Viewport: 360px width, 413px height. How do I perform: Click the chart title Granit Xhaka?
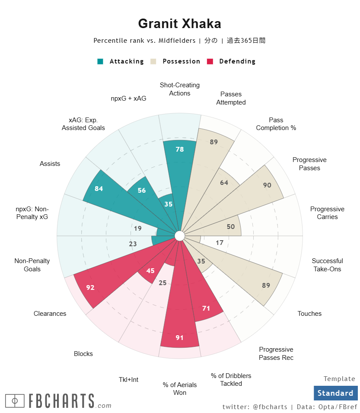179,24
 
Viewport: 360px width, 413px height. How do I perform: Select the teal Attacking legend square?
100,61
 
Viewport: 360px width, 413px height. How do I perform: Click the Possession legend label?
181,61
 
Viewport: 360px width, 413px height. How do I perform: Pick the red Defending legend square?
210,61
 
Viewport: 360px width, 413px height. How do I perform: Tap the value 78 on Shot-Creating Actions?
180,149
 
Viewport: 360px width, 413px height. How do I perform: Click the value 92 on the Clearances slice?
90,287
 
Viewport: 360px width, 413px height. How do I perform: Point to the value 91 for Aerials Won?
180,337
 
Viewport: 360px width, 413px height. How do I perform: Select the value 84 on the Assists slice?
99,188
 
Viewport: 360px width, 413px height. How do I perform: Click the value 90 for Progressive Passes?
267,185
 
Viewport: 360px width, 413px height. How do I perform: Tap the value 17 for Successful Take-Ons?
220,243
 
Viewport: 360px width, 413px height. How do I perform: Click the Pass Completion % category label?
276,124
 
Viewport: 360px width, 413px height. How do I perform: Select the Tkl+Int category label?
128,380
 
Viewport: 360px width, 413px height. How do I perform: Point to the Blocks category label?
83,354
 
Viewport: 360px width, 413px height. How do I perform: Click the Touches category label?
309,314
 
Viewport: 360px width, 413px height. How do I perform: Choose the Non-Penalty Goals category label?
32,265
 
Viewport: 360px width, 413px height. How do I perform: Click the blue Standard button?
335,393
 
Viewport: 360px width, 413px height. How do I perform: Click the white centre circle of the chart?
180,236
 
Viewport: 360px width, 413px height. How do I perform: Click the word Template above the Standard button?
339,379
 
